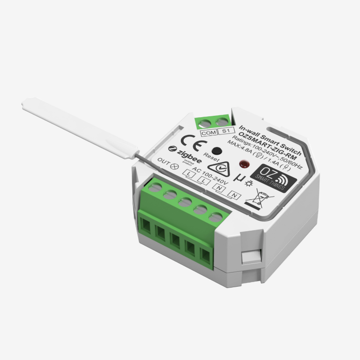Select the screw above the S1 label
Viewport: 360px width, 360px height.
(219, 122)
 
